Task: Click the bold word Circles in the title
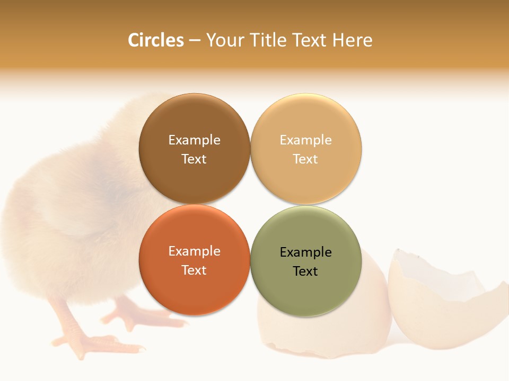click(155, 40)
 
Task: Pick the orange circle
click(194, 291)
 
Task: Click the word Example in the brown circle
click(194, 140)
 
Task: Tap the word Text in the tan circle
click(305, 159)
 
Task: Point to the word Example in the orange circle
click(194, 251)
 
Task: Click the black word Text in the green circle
click(305, 271)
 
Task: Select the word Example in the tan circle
click(305, 140)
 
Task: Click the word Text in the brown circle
click(194, 159)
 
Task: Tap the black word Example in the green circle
click(305, 252)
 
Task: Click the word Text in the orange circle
click(194, 270)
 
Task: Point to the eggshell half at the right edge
click(445, 302)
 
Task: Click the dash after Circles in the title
click(194, 40)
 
